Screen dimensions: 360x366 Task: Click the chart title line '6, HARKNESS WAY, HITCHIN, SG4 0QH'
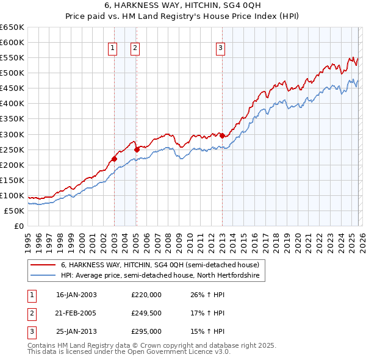[183, 5]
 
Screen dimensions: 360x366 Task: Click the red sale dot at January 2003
[114, 159]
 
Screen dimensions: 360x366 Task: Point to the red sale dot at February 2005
[137, 148]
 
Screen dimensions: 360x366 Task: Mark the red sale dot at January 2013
[222, 135]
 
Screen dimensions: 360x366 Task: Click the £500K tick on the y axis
[12, 73]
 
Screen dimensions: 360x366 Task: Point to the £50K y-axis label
[15, 211]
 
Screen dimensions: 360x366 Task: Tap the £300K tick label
[12, 134]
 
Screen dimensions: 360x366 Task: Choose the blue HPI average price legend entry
[160, 276]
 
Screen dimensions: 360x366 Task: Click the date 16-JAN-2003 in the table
[76, 295]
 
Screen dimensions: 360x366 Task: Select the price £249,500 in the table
[146, 313]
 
